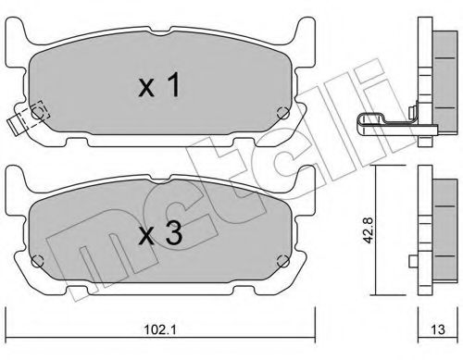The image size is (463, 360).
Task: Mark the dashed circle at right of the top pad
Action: (284, 114)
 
